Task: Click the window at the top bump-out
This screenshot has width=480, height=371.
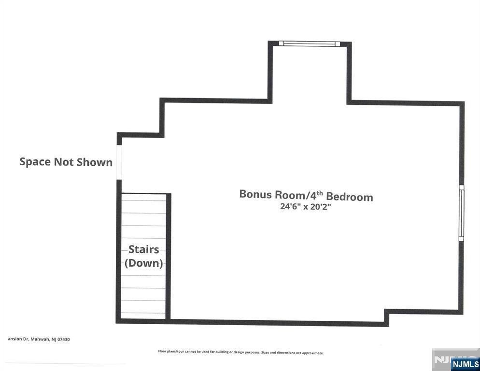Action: coord(310,44)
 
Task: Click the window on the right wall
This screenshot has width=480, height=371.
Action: coord(461,213)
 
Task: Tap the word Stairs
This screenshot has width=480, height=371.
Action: coord(143,250)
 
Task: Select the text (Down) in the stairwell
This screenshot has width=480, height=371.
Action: coord(143,263)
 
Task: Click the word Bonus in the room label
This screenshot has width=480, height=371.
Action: coord(255,195)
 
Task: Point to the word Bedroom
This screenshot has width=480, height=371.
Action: coord(350,197)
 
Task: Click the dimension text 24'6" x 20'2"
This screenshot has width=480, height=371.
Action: coord(305,207)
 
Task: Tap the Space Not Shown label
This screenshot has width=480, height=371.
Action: coord(66,162)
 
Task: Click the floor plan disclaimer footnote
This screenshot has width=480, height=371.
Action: coord(240,353)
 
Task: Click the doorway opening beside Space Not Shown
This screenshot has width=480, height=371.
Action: coord(119,162)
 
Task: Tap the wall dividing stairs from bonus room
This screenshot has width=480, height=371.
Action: coord(168,256)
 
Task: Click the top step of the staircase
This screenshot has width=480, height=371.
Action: coord(143,198)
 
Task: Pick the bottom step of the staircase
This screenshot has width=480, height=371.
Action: coord(143,315)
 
